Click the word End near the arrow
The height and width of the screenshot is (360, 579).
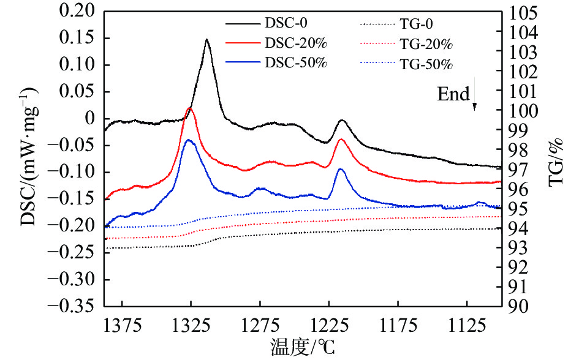(x=453, y=94)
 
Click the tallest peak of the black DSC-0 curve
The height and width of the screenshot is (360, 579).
(x=206, y=40)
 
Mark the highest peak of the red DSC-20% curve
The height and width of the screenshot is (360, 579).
(x=190, y=108)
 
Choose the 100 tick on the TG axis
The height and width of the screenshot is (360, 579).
(x=523, y=111)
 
